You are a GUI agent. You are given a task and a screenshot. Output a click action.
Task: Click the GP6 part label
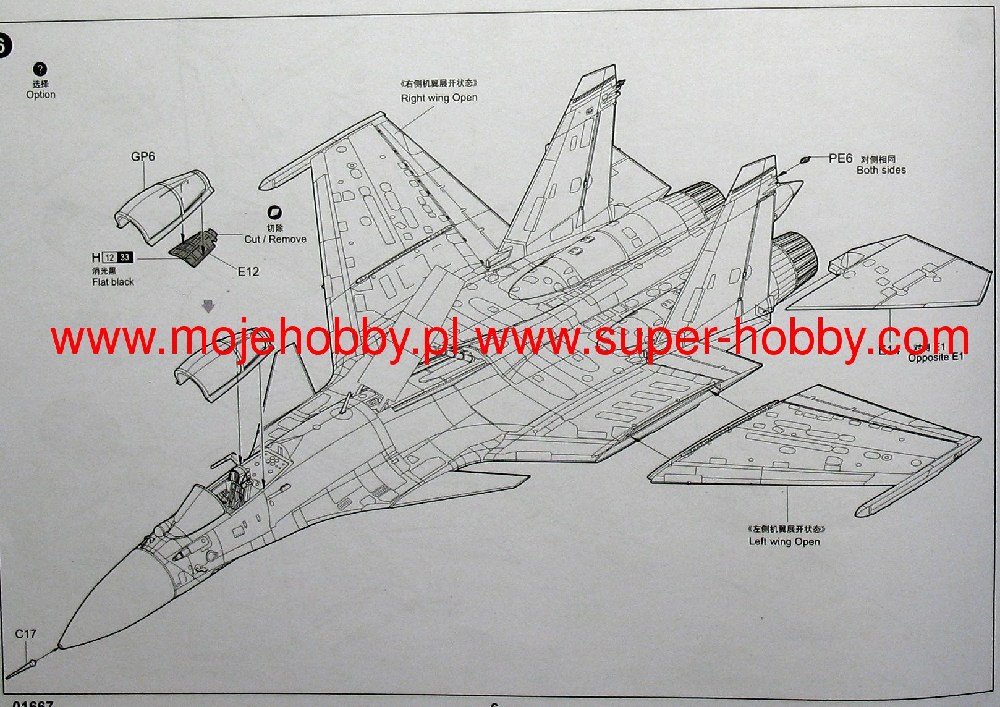pos(143,157)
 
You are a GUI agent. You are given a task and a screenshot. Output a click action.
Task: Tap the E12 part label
pos(248,271)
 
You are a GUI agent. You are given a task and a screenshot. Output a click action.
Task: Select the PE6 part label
pos(841,159)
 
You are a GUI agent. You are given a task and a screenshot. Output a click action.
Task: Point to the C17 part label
pos(25,634)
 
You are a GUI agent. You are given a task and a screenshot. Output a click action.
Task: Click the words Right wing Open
pos(439,98)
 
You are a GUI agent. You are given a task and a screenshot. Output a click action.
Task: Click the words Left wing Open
pos(784,541)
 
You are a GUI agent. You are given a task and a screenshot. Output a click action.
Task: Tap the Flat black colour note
pos(112,282)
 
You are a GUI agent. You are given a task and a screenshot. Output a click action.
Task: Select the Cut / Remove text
pos(275,239)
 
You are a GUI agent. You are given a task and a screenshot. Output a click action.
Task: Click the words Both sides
pos(881,170)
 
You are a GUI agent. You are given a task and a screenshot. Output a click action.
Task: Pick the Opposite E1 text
pos(935,357)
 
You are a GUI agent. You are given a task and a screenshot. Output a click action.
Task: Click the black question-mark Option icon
pos(40,69)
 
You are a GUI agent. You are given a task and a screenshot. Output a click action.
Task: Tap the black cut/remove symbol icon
pos(274,213)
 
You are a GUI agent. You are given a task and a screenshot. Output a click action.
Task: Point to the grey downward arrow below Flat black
pos(208,306)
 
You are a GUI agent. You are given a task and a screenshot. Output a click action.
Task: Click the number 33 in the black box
pos(125,258)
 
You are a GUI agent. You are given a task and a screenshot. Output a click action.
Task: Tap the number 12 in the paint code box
pos(109,258)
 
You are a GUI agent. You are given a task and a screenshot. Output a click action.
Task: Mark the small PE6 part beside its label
pos(804,160)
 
